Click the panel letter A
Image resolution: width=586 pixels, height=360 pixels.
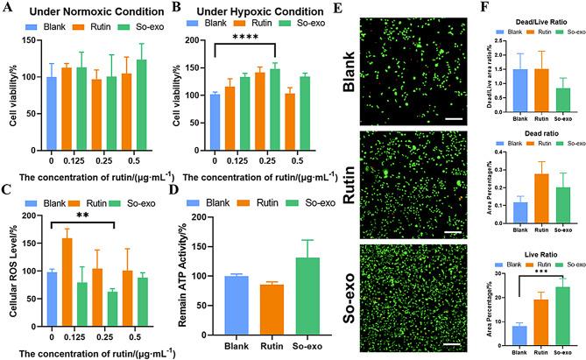tap(8, 9)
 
